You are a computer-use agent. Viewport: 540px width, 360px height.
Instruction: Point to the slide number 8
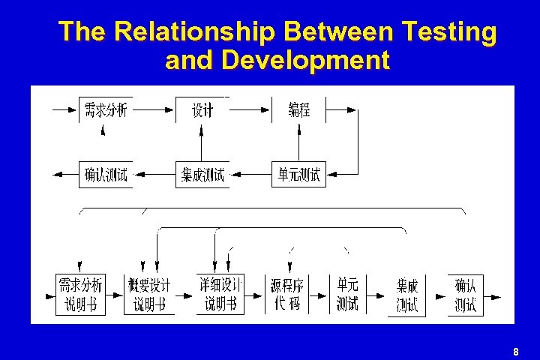[x=516, y=352]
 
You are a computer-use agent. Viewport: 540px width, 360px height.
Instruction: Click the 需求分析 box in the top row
[x=106, y=110]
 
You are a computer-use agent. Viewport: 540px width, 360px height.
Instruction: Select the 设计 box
[x=202, y=110]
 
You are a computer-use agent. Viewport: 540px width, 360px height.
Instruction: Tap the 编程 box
[x=299, y=110]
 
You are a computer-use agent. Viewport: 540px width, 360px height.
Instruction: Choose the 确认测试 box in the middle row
[x=106, y=175]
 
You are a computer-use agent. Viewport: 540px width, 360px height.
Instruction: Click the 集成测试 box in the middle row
[x=202, y=175]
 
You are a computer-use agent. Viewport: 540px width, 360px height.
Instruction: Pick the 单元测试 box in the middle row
[x=299, y=175]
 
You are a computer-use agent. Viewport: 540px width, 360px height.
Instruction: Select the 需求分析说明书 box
[x=80, y=294]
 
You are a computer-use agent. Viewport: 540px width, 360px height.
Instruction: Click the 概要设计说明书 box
[x=150, y=294]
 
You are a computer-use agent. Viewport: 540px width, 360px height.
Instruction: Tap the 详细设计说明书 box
[x=220, y=294]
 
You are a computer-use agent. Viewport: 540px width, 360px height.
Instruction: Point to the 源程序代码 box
[x=286, y=294]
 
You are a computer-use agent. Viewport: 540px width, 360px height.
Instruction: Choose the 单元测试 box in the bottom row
[x=348, y=294]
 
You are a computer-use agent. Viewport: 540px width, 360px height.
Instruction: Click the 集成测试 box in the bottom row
[x=407, y=296]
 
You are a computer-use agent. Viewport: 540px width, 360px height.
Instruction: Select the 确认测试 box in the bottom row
[x=466, y=294]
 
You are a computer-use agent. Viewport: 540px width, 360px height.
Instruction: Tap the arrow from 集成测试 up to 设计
[x=202, y=142]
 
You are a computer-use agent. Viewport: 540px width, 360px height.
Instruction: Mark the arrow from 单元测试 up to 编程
[x=299, y=142]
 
